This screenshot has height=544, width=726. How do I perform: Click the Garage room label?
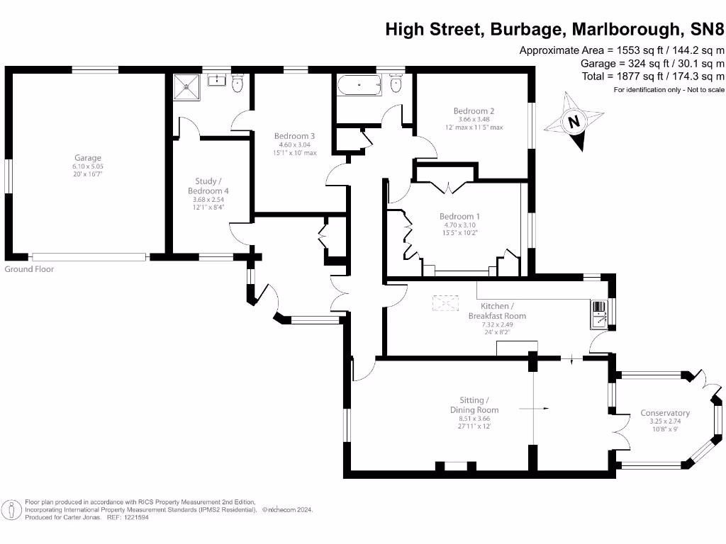coord(88,158)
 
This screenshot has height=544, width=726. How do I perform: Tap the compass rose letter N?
coord(574,122)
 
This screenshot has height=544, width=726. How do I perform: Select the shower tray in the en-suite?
coord(186,86)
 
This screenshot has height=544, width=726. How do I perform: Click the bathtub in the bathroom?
coord(359,86)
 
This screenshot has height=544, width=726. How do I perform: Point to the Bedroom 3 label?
coord(294,136)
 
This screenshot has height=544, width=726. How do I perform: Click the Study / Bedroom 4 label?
coord(208,186)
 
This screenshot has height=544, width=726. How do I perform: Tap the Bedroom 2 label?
coord(474,111)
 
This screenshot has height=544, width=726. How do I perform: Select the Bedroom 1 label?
coord(459,216)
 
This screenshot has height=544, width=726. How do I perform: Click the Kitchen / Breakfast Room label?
coord(497,311)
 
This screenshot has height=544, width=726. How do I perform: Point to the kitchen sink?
coord(599,315)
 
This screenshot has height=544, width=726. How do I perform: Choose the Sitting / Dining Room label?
coord(474,404)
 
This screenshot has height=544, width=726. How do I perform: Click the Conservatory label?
coord(665,413)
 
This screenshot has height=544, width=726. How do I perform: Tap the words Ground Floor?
coord(29,269)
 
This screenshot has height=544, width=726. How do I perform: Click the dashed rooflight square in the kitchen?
coord(445,303)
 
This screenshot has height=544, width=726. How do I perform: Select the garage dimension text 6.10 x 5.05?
coord(88,166)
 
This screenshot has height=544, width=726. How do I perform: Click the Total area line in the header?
coord(653,76)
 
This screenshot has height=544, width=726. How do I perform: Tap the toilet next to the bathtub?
coord(396,84)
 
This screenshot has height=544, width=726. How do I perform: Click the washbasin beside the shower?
coord(217,80)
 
